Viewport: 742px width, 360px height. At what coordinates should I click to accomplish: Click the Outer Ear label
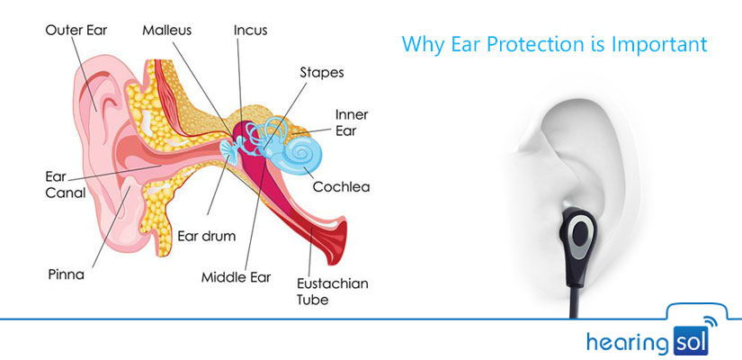coord(76,31)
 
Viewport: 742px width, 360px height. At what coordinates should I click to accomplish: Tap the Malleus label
coord(167,31)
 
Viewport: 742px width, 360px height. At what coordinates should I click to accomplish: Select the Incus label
coord(250,31)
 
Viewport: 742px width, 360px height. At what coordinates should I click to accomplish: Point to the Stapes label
coord(322,73)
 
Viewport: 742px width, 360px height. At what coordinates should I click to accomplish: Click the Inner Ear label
coord(352,122)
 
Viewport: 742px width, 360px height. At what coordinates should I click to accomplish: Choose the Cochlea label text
coord(341,186)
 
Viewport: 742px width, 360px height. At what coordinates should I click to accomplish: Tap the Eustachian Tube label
coord(332,292)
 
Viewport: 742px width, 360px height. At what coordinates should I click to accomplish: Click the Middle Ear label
coord(237,277)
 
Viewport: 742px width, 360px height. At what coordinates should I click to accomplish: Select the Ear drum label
coord(206,236)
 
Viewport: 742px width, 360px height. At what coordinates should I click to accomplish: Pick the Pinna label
coord(67,274)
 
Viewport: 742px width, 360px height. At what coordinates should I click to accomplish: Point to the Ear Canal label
coord(66,184)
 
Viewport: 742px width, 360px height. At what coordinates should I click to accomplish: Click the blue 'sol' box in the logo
coord(691,340)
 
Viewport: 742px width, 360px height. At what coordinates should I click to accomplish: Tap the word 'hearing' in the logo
coord(628,343)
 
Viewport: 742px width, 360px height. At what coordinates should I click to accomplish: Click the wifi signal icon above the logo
coord(711,321)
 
